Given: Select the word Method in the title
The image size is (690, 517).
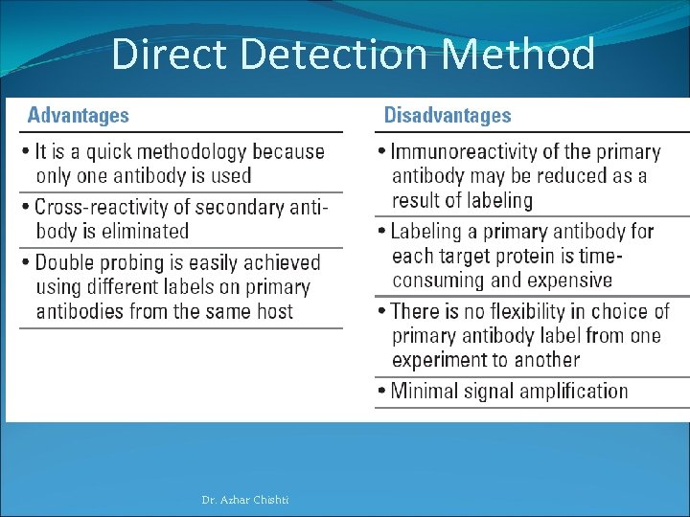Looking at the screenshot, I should pos(518,55).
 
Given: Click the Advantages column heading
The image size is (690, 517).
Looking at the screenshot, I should pos(78,116).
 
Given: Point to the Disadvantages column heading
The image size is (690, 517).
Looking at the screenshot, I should pos(448,116).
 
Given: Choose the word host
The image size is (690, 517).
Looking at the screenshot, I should pos(273,311).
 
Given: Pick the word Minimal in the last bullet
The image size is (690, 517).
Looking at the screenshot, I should pos(427,391).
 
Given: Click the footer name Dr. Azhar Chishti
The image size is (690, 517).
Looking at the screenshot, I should pos(245,500).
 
